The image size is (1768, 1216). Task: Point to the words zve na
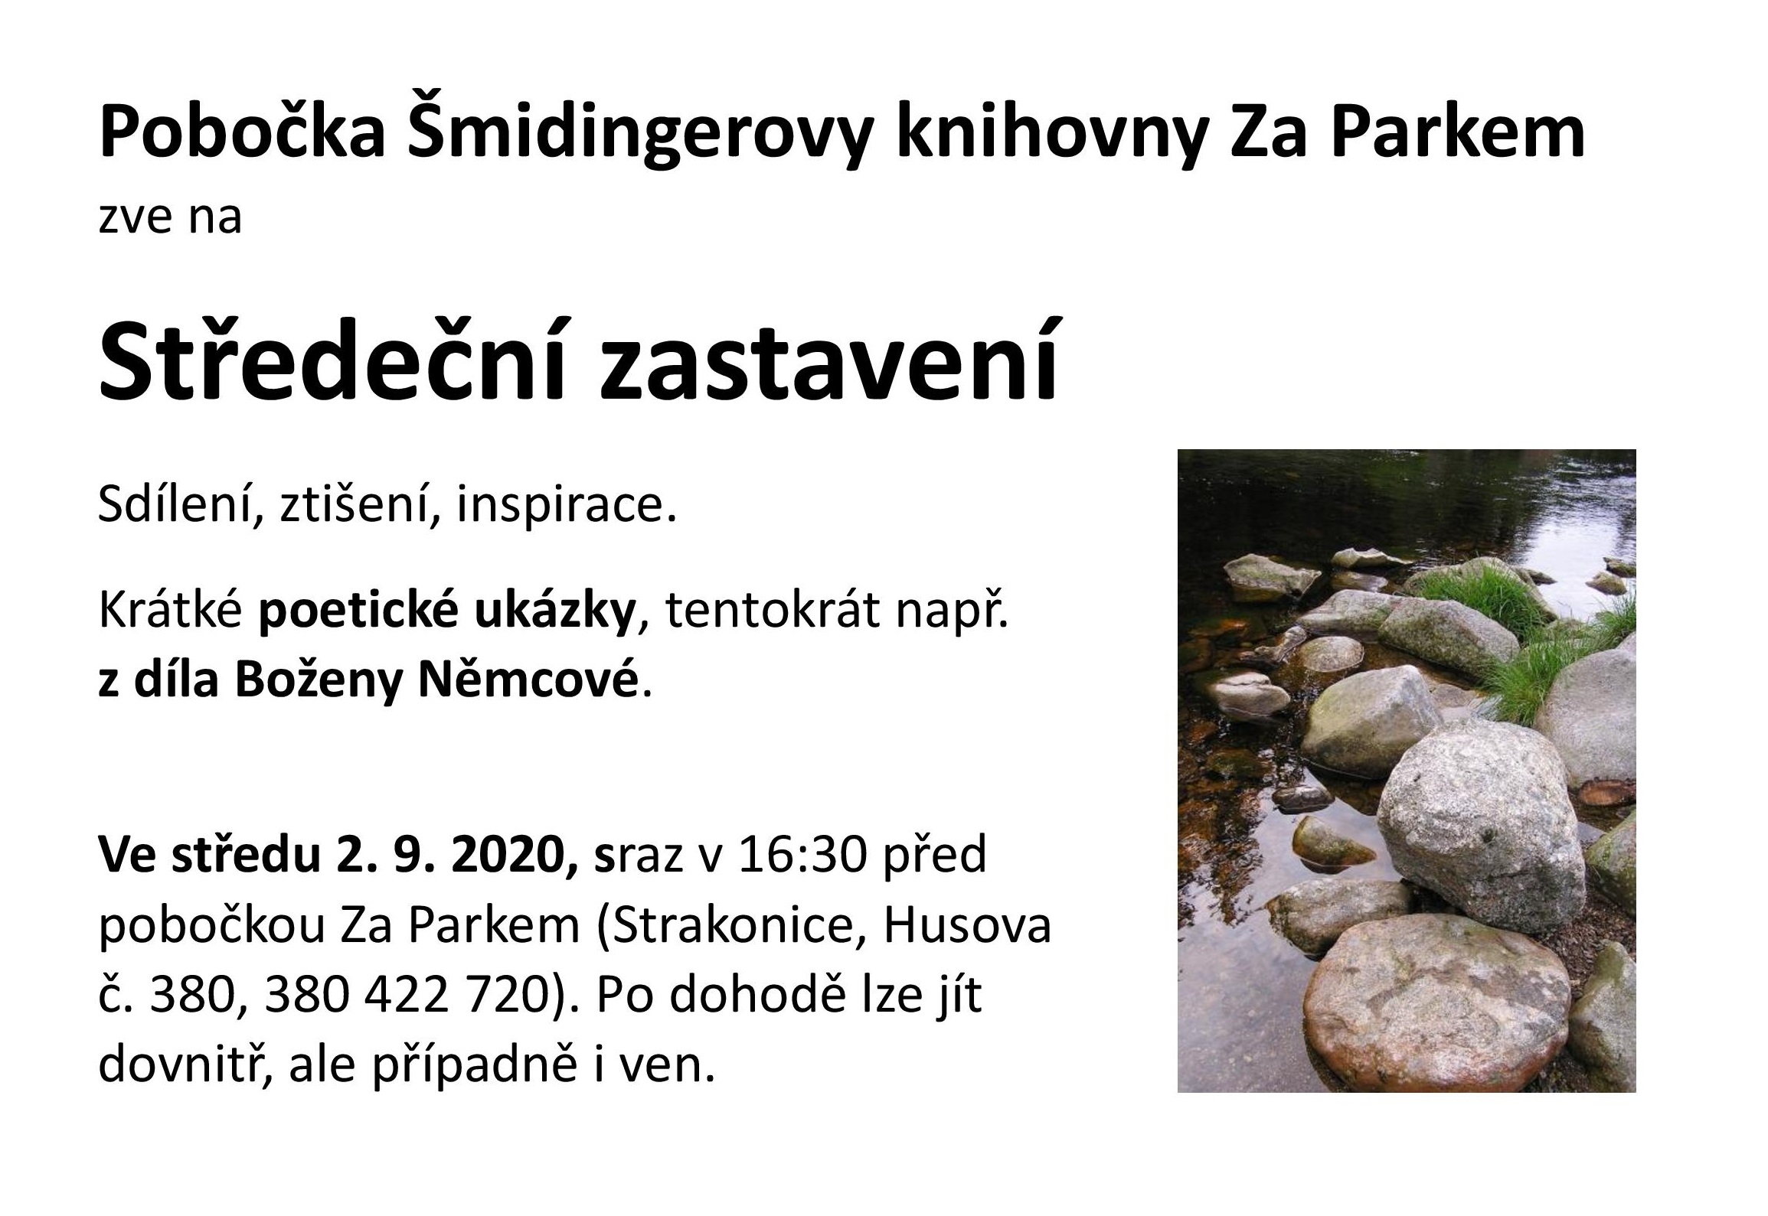coord(170,217)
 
